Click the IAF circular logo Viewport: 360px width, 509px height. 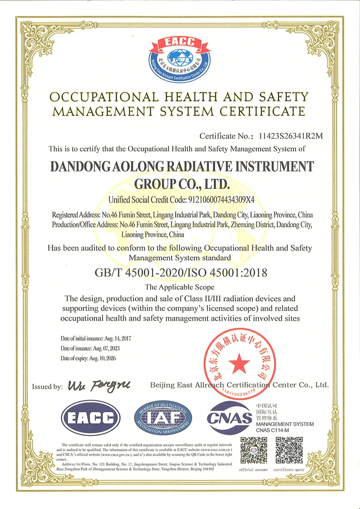pos(163,417)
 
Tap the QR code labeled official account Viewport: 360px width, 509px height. pos(253,450)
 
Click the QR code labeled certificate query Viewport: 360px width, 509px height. pos(289,450)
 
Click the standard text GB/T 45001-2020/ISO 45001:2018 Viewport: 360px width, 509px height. pos(179,273)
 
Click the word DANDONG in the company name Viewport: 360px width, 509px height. pos(78,167)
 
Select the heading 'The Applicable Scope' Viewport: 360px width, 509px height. pos(179,287)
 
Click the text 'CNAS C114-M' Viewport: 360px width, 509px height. pos(273,430)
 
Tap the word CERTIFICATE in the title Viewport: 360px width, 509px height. pos(264,111)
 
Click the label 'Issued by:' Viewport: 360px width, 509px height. pos(47,387)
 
